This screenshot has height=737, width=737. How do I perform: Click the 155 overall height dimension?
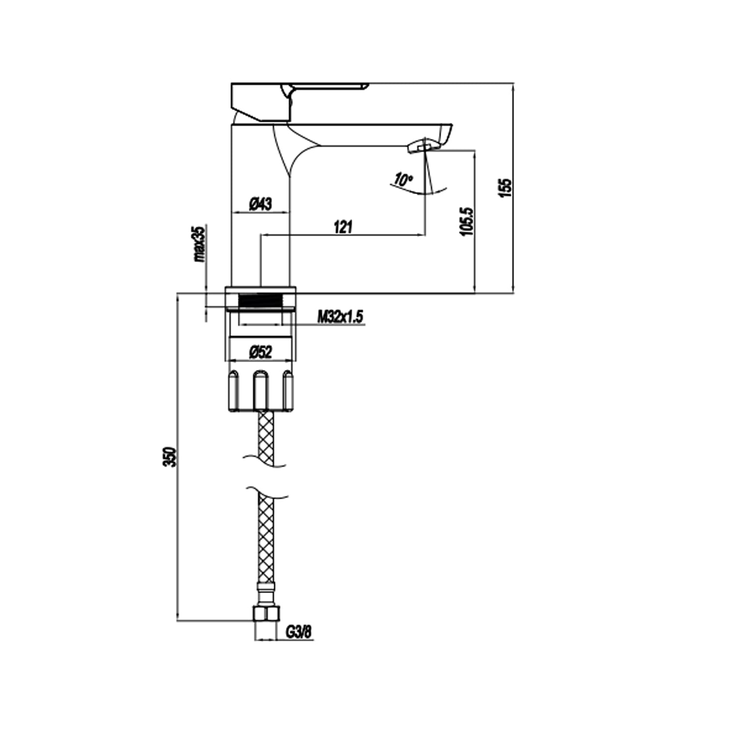pos(505,188)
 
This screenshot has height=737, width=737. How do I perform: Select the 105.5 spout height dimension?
pos(467,221)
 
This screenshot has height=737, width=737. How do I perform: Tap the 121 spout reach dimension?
pos(343,227)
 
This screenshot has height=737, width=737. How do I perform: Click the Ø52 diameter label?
pos(260,352)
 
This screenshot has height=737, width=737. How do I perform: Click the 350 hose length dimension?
pos(170,457)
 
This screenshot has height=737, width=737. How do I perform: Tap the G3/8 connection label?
pos(299,632)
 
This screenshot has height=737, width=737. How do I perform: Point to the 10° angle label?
pos(403,179)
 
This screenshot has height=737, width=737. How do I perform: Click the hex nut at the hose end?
pos(266,614)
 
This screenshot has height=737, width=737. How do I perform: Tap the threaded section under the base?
pos(261,301)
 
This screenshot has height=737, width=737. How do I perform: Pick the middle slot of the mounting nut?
pos(260,391)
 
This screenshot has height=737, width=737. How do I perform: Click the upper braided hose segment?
pos(266,435)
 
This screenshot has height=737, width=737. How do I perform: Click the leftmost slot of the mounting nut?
pos(233,391)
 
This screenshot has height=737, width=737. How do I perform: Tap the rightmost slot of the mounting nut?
pos(288,391)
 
